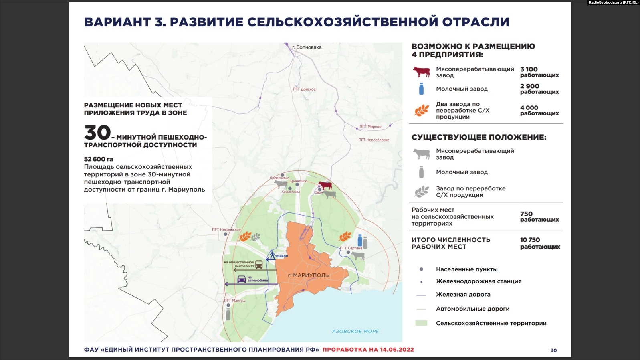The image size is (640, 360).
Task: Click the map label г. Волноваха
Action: point(307,47)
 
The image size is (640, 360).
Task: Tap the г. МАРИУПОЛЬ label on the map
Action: point(308,275)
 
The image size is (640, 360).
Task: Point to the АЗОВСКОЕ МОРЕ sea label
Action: point(355,332)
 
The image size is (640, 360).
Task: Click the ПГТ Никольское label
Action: point(226,230)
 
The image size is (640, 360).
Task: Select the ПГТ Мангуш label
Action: point(235,301)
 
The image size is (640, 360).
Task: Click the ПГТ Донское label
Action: point(304,89)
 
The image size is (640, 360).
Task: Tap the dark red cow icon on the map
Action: point(325,186)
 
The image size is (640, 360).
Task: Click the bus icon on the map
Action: point(259,265)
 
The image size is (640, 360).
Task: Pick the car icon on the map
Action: point(242,279)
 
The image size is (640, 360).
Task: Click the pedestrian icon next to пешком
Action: point(272,255)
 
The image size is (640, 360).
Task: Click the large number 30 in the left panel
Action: point(97,133)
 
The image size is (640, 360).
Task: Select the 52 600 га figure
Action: point(99,159)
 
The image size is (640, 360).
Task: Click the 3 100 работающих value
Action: point(539,72)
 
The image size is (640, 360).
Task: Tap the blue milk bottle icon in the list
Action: point(421,89)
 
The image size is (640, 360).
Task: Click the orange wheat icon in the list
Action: point(421,110)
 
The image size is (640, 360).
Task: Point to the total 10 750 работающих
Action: point(539,243)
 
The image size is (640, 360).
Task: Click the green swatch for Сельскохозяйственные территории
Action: point(421,323)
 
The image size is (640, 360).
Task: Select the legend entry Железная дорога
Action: point(463,295)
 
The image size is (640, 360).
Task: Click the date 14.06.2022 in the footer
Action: point(395,350)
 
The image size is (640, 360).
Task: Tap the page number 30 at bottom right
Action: point(553,350)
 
